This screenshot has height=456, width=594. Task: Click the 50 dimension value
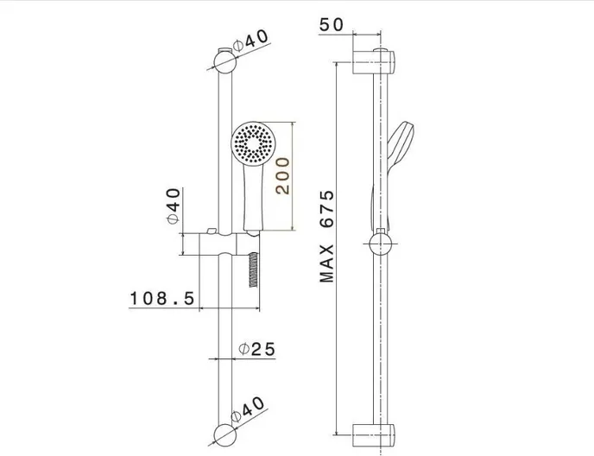click(332, 25)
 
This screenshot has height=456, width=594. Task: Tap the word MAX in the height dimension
click(326, 263)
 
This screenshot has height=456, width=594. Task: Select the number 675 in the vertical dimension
click(326, 209)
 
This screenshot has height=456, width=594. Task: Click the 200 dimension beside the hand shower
click(282, 176)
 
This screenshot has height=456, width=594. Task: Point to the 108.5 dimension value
click(162, 298)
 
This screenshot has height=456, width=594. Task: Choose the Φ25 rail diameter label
click(256, 349)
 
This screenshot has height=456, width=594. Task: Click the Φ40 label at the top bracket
click(250, 41)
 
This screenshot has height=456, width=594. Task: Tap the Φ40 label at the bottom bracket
click(248, 409)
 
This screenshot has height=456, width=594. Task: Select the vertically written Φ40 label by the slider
click(174, 206)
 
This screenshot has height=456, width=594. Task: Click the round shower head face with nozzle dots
click(254, 143)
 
